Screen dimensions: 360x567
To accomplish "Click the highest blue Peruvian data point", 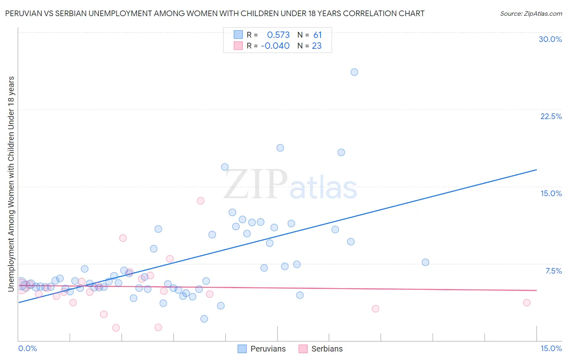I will click(x=354, y=72).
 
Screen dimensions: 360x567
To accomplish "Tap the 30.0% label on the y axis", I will click(x=550, y=39).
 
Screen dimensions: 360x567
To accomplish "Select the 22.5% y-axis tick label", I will click(x=551, y=116).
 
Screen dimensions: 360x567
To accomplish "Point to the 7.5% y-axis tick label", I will click(x=553, y=271).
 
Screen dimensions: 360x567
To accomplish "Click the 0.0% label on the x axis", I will click(x=27, y=348).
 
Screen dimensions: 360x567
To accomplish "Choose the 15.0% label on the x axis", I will click(x=551, y=348).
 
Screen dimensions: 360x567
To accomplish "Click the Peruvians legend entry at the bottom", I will click(x=268, y=349).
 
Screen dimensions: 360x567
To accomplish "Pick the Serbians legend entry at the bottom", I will click(x=327, y=349).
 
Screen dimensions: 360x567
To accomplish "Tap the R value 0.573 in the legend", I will click(x=278, y=35).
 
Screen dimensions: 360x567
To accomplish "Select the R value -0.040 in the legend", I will click(x=275, y=46).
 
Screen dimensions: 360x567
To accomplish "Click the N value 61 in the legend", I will click(x=317, y=35).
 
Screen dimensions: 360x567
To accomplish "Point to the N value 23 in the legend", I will click(x=317, y=46).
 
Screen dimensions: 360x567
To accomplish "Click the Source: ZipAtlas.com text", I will click(x=531, y=14).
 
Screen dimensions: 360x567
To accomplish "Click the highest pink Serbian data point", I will click(x=200, y=201).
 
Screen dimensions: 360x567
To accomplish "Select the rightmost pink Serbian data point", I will click(x=526, y=303).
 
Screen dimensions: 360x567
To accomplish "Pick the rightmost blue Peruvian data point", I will click(x=425, y=262).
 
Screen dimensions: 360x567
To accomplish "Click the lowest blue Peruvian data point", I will click(x=204, y=319).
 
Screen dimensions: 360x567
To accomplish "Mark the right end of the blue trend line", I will click(x=536, y=170).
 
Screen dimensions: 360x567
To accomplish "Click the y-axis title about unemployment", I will click(x=11, y=184).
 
